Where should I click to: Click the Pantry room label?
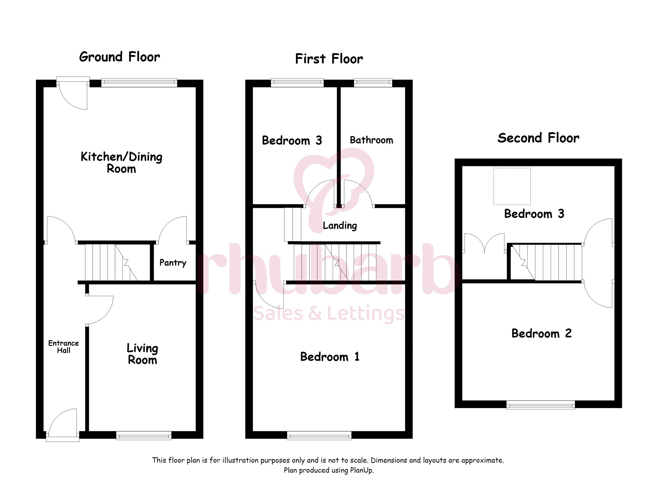tap(173, 263)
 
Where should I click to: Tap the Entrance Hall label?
tap(64, 347)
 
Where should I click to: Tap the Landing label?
tap(340, 225)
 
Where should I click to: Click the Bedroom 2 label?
tap(541, 333)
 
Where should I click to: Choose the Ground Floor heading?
tap(119, 57)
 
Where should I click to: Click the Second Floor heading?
tap(539, 138)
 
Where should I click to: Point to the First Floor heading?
tap(329, 59)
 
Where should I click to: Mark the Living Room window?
tap(144, 436)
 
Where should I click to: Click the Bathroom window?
tap(373, 83)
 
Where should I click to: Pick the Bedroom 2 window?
tap(541, 405)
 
